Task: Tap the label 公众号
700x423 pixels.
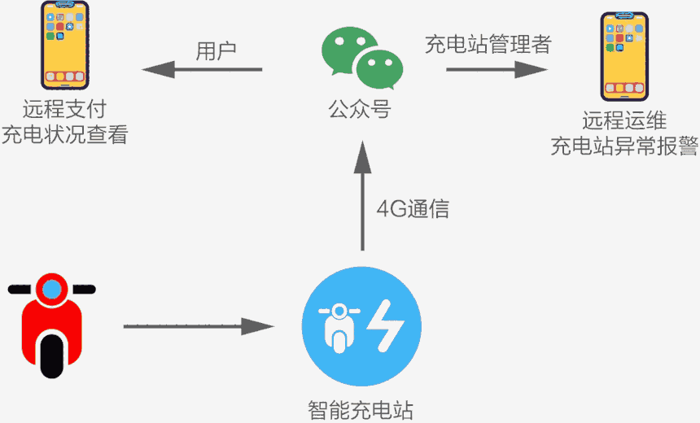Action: click(360, 109)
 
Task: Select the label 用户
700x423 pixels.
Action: click(216, 50)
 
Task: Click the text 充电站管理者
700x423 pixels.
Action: click(488, 46)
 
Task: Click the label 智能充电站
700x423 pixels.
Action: click(361, 408)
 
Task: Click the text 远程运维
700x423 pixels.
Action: click(624, 122)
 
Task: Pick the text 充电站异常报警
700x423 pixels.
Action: click(624, 147)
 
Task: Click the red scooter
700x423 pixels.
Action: click(51, 324)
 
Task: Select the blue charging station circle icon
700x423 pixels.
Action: click(361, 327)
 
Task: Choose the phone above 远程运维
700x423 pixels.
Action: click(623, 55)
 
